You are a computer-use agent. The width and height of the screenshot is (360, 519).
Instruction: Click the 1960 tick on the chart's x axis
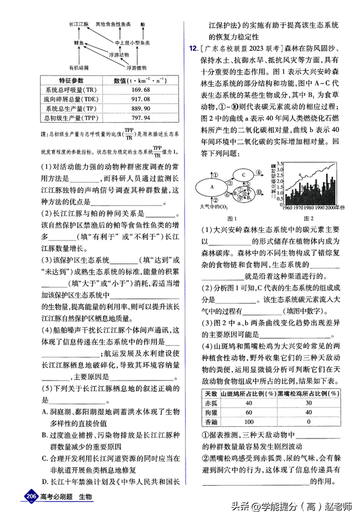(285, 207)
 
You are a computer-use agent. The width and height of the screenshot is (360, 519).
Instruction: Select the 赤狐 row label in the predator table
(210, 403)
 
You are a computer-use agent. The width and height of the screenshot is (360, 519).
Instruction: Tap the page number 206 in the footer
(30, 496)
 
